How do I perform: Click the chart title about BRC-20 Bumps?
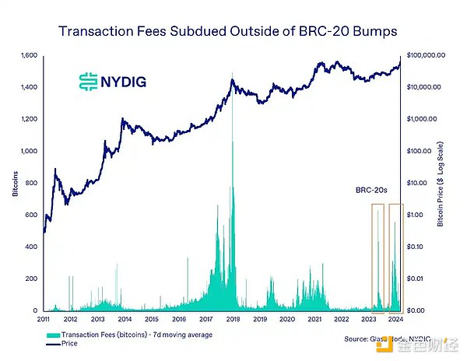(233, 31)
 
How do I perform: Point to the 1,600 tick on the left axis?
(30, 56)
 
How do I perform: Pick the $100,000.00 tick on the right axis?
(427, 56)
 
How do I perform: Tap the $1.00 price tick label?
(413, 215)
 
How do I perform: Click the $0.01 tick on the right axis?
(413, 279)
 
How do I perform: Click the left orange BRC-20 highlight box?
(377, 257)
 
